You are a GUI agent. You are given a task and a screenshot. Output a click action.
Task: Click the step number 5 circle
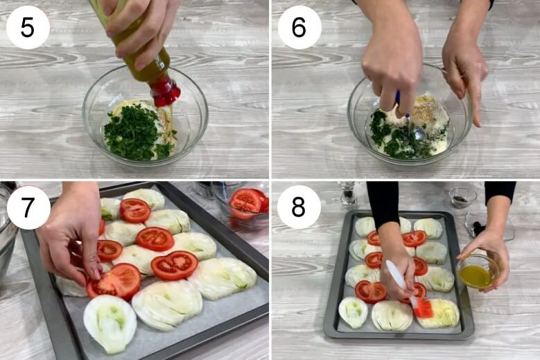[x=28, y=27]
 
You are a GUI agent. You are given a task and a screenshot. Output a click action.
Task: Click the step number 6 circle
[x=299, y=27]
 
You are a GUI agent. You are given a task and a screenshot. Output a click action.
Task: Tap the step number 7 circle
[x=28, y=207]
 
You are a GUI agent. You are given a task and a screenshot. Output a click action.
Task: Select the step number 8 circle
[x=299, y=207]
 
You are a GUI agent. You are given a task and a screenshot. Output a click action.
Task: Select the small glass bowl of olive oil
[x=478, y=272]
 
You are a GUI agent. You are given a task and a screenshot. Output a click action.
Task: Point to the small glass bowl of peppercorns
[x=462, y=198]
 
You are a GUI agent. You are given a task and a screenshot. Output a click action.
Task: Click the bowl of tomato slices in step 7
[x=245, y=203]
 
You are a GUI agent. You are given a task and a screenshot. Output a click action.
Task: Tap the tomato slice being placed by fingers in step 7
[x=113, y=282]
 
